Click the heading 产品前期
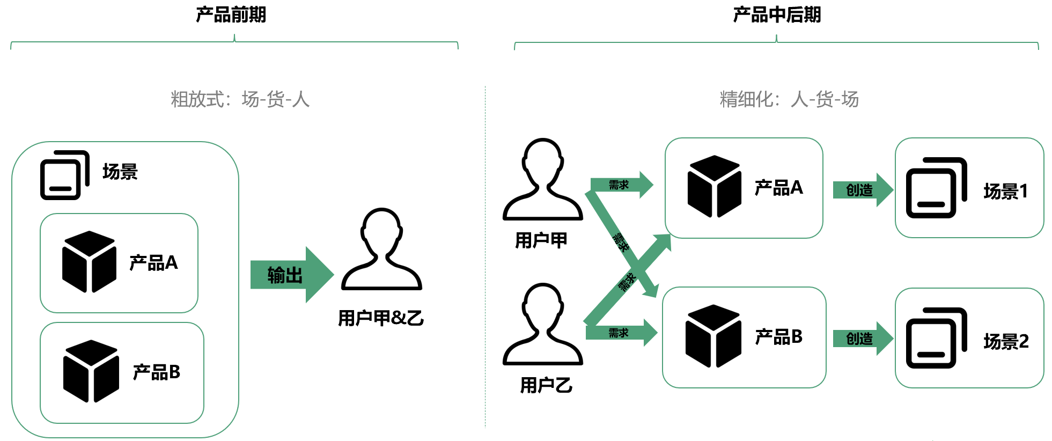pos(231,14)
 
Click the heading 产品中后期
pos(776,14)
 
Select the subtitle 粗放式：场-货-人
pos(240,99)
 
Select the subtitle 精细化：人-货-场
pos(789,99)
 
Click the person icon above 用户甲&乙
pos(381,249)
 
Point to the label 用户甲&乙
pos(380,318)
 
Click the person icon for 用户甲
pos(542,180)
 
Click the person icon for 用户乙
pos(542,325)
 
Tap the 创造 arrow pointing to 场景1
pos(862,190)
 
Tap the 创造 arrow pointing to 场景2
pos(862,339)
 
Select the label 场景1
pos(1005,191)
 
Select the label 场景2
pos(1006,341)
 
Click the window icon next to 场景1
pos(936,188)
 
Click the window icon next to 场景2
pos(936,338)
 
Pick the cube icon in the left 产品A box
pos(89,262)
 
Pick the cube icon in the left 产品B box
pos(91,371)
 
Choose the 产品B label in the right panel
pos(778,337)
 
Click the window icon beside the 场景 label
pos(64,175)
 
